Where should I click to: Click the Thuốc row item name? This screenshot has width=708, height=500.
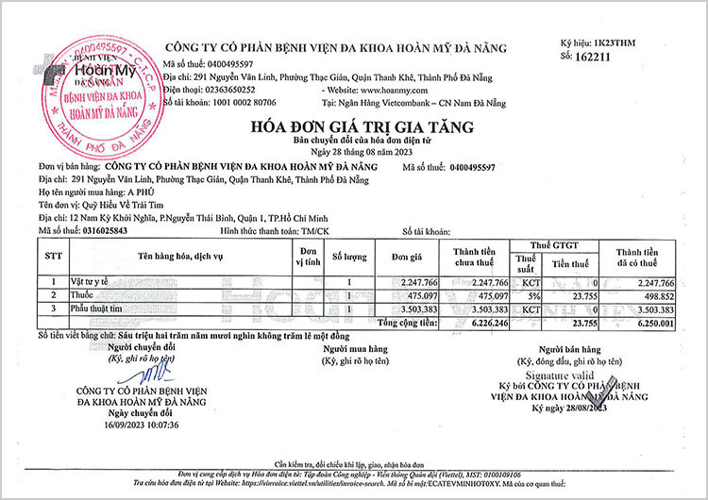(x=74, y=295)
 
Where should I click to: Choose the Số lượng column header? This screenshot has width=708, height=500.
(x=348, y=255)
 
